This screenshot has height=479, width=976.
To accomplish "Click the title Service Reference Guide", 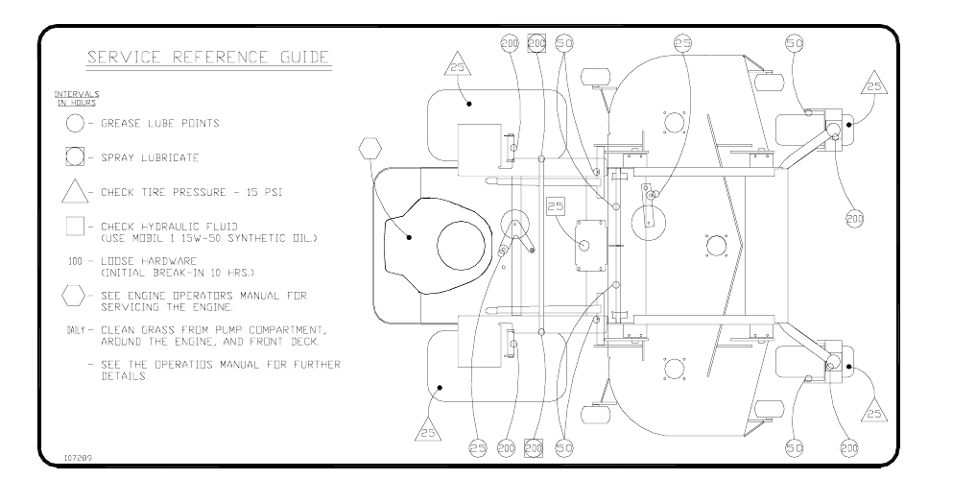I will click(x=208, y=57).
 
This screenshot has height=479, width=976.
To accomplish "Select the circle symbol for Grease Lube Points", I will click(x=75, y=123).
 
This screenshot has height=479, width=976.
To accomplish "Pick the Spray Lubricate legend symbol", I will click(x=75, y=157).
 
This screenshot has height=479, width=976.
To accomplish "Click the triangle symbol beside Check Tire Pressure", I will click(x=75, y=191).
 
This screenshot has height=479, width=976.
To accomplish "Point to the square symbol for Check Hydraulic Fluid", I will click(x=75, y=227).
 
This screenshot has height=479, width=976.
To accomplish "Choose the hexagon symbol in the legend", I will click(x=75, y=296).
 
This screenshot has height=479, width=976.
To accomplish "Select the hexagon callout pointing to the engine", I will click(x=369, y=150).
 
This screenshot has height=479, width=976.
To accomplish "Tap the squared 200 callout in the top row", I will click(x=536, y=43).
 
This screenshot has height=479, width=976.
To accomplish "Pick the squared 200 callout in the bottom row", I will click(x=535, y=447).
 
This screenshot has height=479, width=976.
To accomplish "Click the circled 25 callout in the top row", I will click(x=682, y=43).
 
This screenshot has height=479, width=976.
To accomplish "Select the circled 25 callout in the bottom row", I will click(x=478, y=447).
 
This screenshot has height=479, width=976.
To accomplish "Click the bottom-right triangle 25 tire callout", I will click(x=873, y=412).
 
